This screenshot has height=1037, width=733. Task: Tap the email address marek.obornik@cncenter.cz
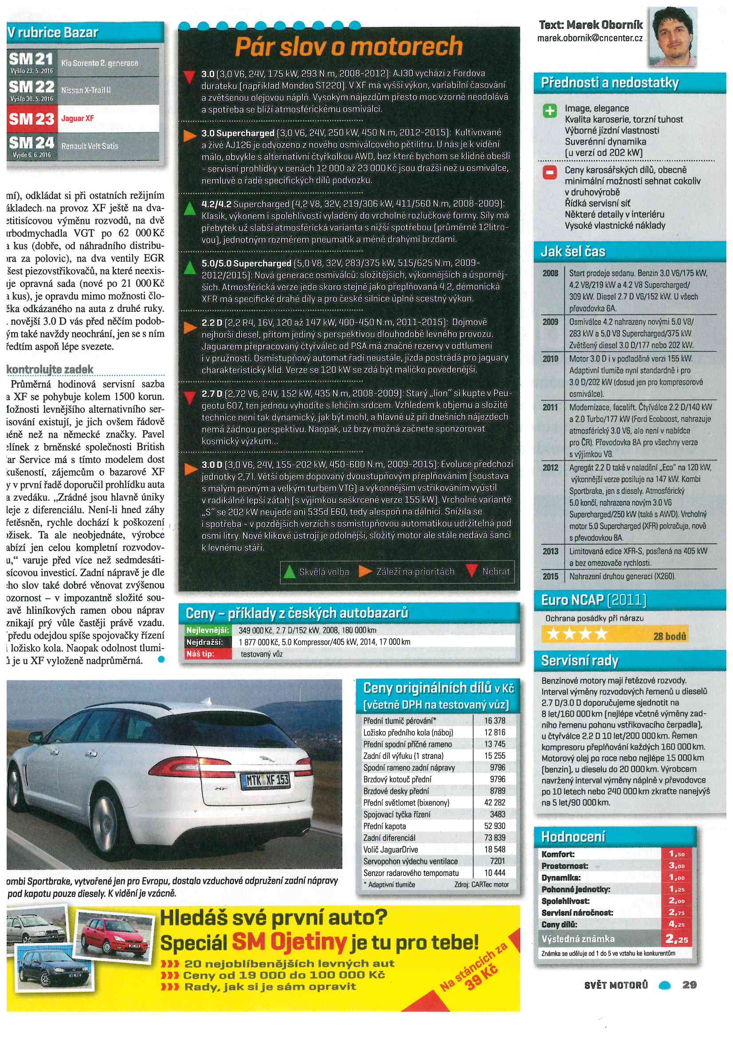590,39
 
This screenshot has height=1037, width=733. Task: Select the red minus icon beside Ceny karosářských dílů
549,172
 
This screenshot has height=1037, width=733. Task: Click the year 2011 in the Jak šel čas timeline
550,407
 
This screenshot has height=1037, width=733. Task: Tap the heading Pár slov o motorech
349,46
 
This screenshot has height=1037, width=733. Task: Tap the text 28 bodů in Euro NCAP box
669,636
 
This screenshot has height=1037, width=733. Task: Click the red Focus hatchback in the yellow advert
109,931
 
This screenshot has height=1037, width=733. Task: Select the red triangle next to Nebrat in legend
472,571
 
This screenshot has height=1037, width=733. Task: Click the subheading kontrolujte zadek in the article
50,369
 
